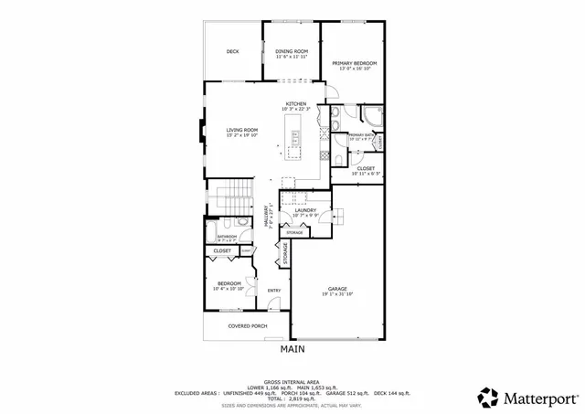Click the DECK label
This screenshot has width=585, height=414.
[232, 51]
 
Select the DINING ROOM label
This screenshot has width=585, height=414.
[292, 51]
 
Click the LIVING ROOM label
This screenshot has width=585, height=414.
[242, 130]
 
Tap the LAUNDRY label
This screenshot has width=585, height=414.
[305, 210]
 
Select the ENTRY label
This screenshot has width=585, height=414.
[273, 292]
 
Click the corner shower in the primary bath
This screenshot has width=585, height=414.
[372, 114]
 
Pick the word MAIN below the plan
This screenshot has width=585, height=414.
[292, 349]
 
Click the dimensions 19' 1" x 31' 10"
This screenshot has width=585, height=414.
[337, 294]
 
